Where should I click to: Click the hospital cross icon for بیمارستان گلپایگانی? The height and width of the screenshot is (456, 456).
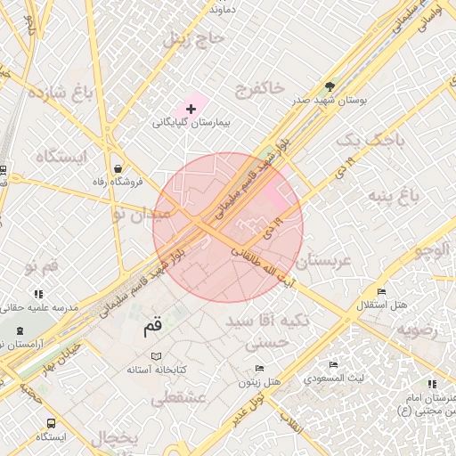tap(191, 108)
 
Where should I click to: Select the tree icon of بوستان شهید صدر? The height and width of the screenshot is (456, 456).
tap(330, 86)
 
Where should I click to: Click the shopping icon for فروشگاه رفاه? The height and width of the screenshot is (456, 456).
tap(118, 168)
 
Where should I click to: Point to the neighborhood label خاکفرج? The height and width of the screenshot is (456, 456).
tap(259, 87)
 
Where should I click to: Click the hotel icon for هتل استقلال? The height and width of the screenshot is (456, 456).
tap(381, 292)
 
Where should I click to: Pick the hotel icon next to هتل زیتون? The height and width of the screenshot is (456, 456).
tap(259, 368)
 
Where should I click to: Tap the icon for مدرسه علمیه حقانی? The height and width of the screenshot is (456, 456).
tap(38, 293)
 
